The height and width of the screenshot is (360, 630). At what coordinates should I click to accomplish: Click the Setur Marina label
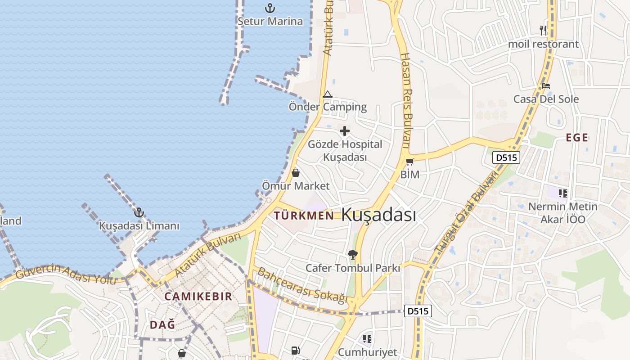[270, 21]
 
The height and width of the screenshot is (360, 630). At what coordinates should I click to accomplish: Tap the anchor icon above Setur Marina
[270, 8]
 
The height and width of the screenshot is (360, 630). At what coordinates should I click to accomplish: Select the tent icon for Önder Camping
[328, 94]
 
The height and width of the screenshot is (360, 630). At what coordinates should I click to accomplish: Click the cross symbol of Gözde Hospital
[345, 131]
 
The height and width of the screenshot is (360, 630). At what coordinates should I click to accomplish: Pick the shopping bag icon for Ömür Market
[296, 173]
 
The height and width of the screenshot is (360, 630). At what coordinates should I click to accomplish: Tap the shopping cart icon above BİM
[409, 162]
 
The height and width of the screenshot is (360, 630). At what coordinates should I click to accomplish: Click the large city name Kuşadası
[378, 215]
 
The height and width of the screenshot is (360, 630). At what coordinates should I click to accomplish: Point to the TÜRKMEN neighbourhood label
[304, 216]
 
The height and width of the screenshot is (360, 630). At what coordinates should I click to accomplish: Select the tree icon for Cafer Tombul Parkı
[353, 255]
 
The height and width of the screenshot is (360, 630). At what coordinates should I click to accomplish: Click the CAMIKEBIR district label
[198, 296]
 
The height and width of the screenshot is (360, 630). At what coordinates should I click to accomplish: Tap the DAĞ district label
[162, 324]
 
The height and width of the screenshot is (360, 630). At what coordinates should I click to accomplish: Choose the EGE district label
[577, 138]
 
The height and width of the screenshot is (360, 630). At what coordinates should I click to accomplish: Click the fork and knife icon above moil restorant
[543, 31]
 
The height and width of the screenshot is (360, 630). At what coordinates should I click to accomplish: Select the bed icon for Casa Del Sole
[546, 85]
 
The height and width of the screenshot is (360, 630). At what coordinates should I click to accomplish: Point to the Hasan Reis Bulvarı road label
[406, 100]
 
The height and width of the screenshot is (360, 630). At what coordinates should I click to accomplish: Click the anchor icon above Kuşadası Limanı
[139, 212]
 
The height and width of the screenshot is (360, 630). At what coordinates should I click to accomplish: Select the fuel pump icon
[295, 350]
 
